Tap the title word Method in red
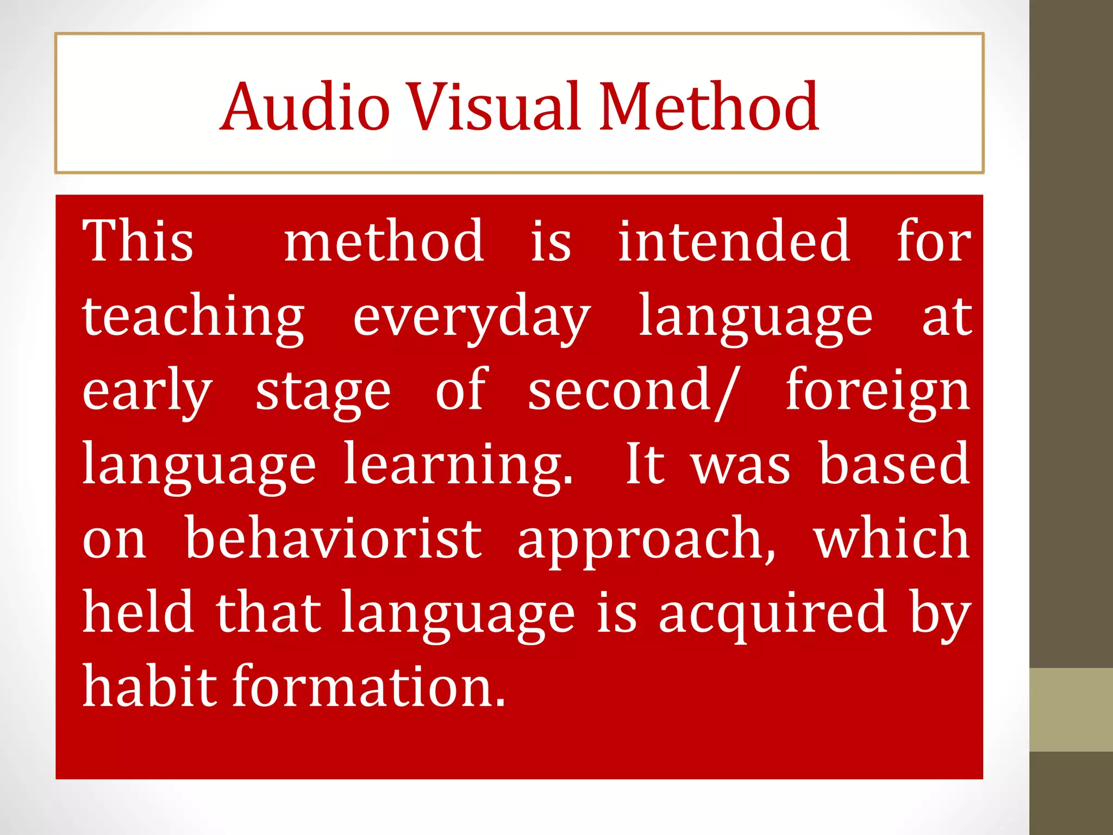coord(709,107)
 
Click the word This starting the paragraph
coord(138,241)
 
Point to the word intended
coord(734,241)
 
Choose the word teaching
coord(193,317)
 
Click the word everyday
coord(472,317)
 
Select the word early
coord(147,392)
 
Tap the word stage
coord(323,392)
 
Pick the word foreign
coord(878,392)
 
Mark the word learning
coord(458,465)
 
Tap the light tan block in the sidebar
coord(1071,709)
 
